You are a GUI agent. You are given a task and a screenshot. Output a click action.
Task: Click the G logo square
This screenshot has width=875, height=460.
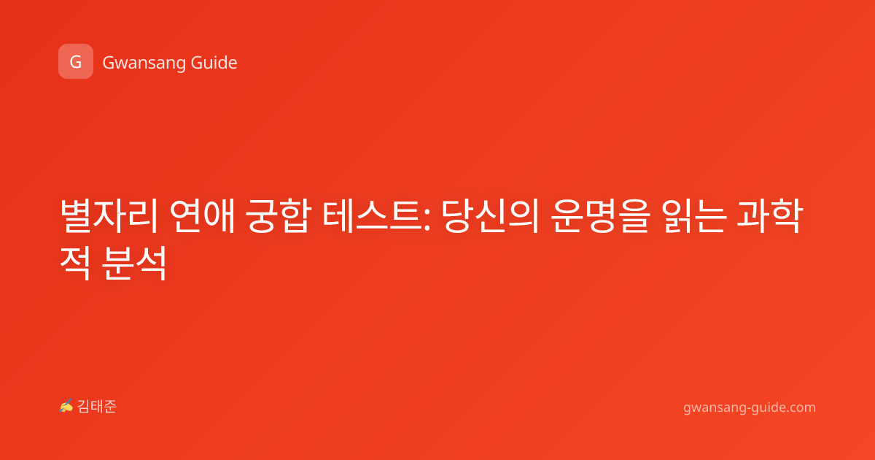[x=76, y=61]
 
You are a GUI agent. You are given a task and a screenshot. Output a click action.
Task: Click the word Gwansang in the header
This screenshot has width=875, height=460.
[x=144, y=64]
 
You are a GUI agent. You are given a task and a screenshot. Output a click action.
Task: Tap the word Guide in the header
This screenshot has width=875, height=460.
[x=214, y=63]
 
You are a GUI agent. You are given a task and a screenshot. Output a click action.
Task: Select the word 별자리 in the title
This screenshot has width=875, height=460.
[x=109, y=216]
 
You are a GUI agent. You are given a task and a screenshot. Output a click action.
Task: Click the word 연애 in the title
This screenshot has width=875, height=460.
[x=203, y=216]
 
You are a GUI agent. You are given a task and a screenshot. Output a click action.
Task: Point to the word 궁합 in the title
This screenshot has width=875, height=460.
[x=278, y=216]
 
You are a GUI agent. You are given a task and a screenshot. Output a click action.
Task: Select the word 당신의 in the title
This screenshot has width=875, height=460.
[x=490, y=216]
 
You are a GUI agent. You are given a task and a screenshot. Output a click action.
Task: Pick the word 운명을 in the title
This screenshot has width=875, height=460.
[x=601, y=216]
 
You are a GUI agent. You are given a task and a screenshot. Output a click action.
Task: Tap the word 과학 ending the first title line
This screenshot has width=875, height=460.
[x=769, y=216]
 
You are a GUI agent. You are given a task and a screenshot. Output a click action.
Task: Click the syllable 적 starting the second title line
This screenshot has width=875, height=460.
[x=75, y=263]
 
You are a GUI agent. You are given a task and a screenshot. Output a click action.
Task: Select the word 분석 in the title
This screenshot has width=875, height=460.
[x=134, y=263]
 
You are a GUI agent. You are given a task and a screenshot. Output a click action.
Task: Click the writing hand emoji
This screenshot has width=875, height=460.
[x=66, y=406]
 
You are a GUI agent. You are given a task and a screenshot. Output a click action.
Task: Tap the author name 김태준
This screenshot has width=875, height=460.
[x=97, y=407]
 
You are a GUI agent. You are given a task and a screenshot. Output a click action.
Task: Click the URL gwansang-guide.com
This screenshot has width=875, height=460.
[x=750, y=407]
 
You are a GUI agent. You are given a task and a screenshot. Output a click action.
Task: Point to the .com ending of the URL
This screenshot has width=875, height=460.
[x=801, y=407]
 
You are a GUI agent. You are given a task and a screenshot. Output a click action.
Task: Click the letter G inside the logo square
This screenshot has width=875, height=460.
[x=76, y=62]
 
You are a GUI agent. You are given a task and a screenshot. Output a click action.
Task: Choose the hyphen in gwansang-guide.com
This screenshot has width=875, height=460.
[x=750, y=409]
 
